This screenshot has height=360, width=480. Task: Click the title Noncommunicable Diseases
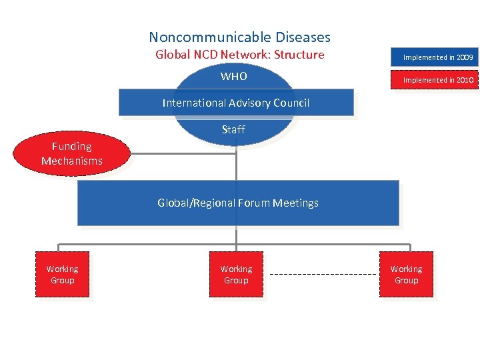(239, 37)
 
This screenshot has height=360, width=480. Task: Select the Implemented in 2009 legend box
(437, 57)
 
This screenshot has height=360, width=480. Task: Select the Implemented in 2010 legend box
(437, 80)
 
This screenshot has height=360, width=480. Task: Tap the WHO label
(233, 76)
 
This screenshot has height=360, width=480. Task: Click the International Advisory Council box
(236, 103)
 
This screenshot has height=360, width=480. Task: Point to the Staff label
(233, 129)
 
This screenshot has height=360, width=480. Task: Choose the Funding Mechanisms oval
(72, 153)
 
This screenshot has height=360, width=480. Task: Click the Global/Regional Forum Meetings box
(238, 203)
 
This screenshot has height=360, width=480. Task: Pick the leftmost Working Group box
(62, 275)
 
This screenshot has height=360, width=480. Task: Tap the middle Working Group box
(236, 275)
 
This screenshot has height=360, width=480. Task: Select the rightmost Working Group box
(406, 275)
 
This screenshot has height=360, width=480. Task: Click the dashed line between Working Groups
(323, 275)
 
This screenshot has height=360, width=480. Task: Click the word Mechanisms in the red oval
(72, 161)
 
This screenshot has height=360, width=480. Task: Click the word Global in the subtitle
(173, 55)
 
